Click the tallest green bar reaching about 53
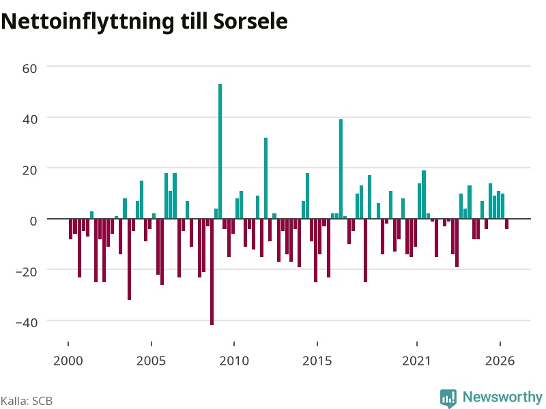[x=220, y=151]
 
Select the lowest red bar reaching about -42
[x=212, y=272]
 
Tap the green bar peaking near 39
[x=341, y=169]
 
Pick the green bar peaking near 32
[x=265, y=178]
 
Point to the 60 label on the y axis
[x=29, y=69]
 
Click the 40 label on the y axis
[x=29, y=119]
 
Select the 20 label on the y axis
[x=29, y=170]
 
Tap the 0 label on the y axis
[x=33, y=221]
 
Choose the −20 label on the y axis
[x=27, y=271]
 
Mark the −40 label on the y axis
[x=27, y=322]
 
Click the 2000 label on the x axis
[x=68, y=361]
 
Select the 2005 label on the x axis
[x=151, y=361]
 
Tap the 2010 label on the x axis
[x=234, y=361]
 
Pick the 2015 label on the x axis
[x=317, y=361]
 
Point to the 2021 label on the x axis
[x=416, y=361]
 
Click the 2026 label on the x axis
[x=500, y=361]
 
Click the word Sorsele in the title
[x=250, y=21]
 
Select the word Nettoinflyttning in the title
[x=88, y=22]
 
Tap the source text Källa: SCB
[x=27, y=401]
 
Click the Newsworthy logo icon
[x=448, y=397]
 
